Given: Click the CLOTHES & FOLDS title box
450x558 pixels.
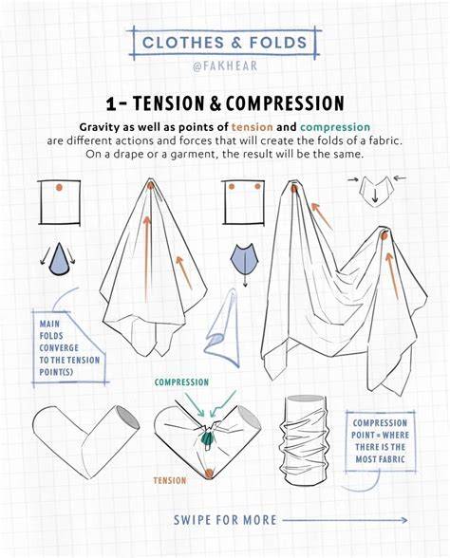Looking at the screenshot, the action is pyautogui.click(x=225, y=43).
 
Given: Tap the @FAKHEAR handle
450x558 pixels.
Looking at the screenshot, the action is pyautogui.click(x=225, y=66).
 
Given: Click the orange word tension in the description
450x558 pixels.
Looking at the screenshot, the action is pyautogui.click(x=253, y=127).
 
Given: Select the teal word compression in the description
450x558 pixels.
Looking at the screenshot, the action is pyautogui.click(x=335, y=127).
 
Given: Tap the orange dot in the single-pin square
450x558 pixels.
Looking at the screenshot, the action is pyautogui.click(x=59, y=187).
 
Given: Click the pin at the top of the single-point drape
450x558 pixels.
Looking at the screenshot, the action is pyautogui.click(x=151, y=185).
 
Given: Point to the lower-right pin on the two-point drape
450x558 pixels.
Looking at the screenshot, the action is pyautogui.click(x=384, y=235).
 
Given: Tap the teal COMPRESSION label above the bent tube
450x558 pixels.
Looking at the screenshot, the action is pyautogui.click(x=181, y=382).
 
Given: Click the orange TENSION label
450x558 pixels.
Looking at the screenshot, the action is pyautogui.click(x=170, y=481).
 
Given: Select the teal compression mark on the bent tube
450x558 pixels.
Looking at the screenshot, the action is pyautogui.click(x=207, y=437).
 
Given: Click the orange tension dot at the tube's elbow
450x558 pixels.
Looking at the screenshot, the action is pyautogui.click(x=209, y=473).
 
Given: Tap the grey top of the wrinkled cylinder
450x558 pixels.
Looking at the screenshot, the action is pyautogui.click(x=306, y=399).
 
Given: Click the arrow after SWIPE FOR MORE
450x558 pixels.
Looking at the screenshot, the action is pyautogui.click(x=345, y=520).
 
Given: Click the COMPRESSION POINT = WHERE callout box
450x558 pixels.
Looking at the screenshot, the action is pyautogui.click(x=380, y=441).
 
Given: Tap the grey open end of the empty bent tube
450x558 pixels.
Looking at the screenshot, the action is pyautogui.click(x=127, y=418).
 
